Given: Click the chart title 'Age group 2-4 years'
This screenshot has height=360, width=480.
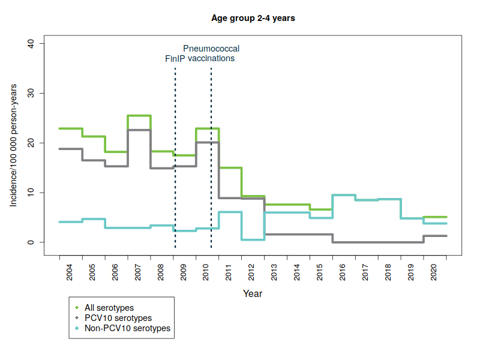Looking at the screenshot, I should click(x=253, y=18).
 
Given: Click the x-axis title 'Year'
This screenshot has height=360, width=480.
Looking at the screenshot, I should click(x=253, y=294).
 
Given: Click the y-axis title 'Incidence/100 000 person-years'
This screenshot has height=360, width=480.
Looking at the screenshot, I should click(x=13, y=143).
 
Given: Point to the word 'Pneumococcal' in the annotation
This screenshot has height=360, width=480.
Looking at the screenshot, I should click(x=211, y=49).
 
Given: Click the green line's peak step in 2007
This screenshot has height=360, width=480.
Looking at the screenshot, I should click(x=139, y=116).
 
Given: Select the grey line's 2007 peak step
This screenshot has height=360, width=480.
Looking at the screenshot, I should click(x=139, y=130).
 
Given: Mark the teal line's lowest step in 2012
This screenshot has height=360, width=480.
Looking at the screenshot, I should click(x=253, y=239).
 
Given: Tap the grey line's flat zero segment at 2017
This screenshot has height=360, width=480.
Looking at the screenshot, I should click(x=367, y=242).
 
